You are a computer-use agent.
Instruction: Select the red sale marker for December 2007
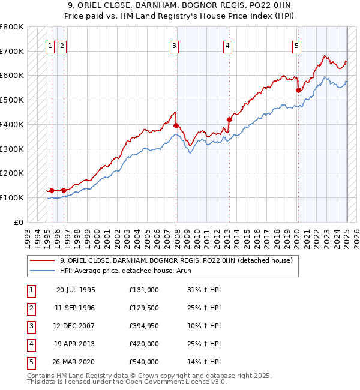(176, 126)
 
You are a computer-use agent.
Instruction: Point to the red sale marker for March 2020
(298, 91)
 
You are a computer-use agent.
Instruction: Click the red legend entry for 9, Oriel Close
(176, 260)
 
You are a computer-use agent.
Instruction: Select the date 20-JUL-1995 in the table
(76, 289)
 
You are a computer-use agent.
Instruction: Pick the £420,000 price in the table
(144, 343)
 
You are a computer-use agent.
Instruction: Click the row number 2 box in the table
(31, 307)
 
